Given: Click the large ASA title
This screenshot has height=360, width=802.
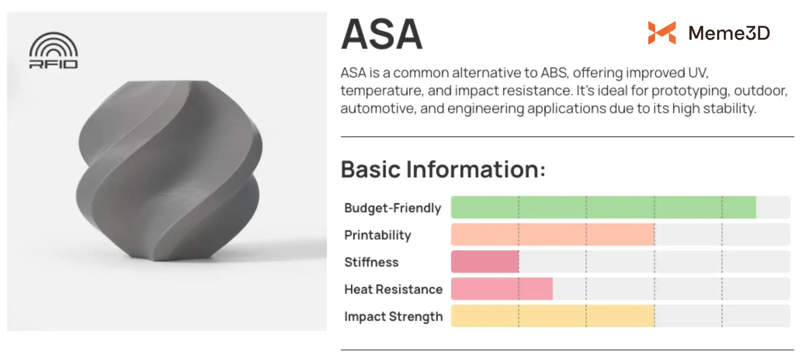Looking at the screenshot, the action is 382,34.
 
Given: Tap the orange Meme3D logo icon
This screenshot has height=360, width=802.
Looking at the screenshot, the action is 662,33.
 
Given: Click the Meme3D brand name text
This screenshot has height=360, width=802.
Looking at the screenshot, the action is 729,33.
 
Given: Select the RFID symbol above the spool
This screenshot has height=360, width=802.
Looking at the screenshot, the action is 53,50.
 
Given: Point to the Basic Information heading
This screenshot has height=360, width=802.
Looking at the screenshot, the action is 443,169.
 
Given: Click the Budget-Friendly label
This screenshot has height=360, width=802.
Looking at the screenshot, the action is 393,208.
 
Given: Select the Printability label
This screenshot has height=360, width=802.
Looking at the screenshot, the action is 378,235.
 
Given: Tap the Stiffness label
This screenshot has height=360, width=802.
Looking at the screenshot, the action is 371,262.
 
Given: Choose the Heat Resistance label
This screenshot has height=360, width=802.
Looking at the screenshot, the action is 393,289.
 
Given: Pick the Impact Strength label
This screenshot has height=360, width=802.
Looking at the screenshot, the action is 393,316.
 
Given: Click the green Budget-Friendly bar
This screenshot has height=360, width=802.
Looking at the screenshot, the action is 604,207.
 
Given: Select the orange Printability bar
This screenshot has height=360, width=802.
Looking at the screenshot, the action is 553,234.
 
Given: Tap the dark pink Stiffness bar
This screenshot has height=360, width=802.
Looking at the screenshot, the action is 485,261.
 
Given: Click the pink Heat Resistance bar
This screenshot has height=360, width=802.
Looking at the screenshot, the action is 502,289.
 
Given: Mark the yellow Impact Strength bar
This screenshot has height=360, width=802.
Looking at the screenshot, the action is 553,316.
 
